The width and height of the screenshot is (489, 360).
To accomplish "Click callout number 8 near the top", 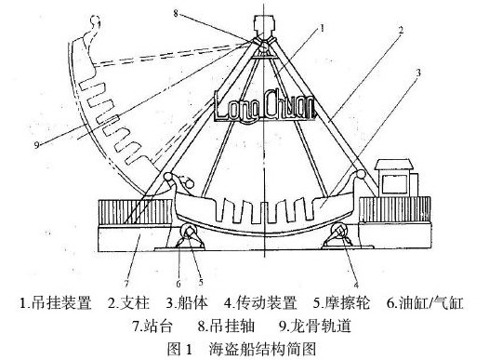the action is pos(176,13).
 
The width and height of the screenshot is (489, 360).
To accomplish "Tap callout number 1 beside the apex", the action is pos(323,29).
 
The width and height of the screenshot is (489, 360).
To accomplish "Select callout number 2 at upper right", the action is pos(401,31).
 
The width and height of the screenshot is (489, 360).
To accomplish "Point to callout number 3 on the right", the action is pos(418,73).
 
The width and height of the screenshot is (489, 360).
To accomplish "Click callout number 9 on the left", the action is pos(37,145).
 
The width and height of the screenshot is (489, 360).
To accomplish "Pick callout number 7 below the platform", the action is pos(126,284).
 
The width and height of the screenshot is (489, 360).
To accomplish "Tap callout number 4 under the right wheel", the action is pos(356,285).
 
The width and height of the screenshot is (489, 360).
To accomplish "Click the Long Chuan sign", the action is pos(264,105).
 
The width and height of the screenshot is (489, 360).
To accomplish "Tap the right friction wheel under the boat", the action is pos(339,232).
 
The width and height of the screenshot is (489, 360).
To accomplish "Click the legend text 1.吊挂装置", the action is pos(56,303).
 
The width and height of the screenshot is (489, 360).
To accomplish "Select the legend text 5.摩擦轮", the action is pos(341,303).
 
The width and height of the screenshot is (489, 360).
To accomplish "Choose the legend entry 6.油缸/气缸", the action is pos(426,303).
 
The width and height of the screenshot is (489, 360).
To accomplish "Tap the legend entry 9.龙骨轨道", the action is pos(315,326).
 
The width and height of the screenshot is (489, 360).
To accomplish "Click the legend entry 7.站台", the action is pos(152,326).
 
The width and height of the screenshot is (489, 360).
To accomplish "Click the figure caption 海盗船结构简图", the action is pos(262,349).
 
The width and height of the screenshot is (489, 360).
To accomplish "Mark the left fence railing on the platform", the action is pos(135,212).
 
